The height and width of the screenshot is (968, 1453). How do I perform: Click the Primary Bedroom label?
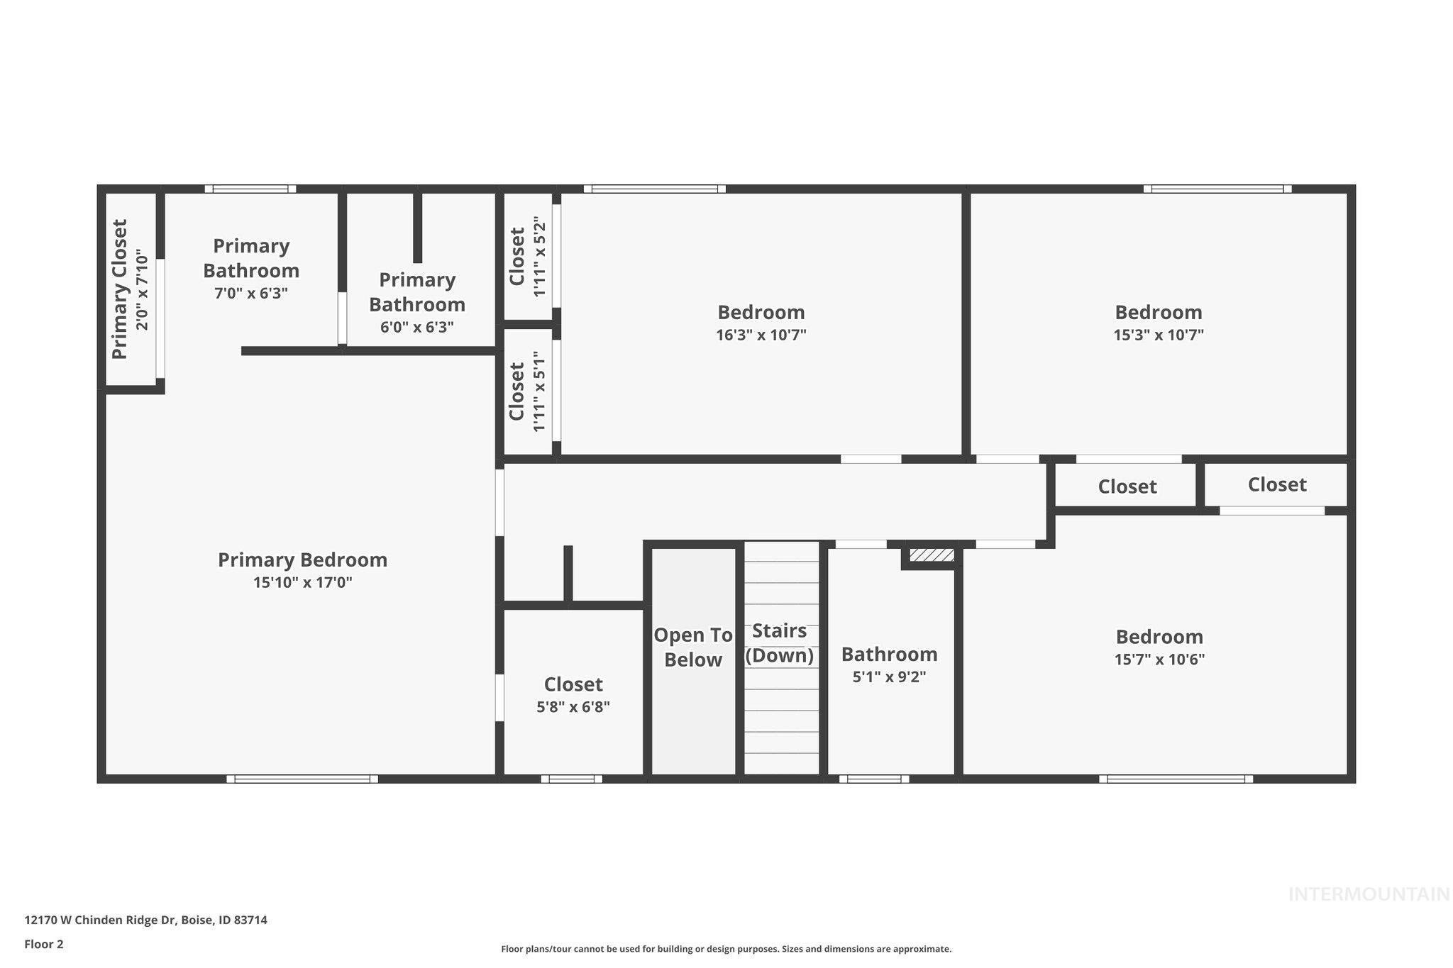click(x=302, y=560)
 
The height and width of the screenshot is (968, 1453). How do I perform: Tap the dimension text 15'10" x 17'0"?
click(x=302, y=583)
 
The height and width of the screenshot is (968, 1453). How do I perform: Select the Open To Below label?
click(x=692, y=647)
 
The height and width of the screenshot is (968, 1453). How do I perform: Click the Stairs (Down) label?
click(x=779, y=642)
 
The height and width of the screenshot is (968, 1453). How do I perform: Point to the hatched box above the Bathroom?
click(x=932, y=555)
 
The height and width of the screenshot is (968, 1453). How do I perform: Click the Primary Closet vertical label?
click(x=120, y=289)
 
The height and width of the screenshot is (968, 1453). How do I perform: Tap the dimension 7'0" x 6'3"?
click(x=251, y=293)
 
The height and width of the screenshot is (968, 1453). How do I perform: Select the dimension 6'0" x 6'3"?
click(x=417, y=327)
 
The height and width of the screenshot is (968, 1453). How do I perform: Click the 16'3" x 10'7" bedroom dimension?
click(x=761, y=335)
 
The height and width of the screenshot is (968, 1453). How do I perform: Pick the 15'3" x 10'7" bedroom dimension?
click(x=1159, y=335)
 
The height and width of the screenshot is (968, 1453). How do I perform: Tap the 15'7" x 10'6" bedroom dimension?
click(x=1159, y=659)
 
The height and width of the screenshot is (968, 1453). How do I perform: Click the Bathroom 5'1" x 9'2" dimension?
click(x=889, y=677)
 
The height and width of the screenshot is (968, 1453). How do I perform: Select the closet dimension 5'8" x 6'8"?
click(x=573, y=707)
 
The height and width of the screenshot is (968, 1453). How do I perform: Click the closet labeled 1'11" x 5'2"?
click(x=527, y=257)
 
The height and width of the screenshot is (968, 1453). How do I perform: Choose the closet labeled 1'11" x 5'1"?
click(x=527, y=391)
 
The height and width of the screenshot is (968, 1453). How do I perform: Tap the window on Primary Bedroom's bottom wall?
click(x=302, y=779)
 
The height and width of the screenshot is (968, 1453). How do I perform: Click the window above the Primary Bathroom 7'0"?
click(x=250, y=189)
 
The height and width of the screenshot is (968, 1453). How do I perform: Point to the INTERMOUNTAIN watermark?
click(x=1369, y=894)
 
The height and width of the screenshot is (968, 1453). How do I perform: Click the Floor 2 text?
click(x=44, y=944)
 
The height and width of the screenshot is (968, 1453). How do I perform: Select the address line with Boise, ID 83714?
click(x=145, y=920)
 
